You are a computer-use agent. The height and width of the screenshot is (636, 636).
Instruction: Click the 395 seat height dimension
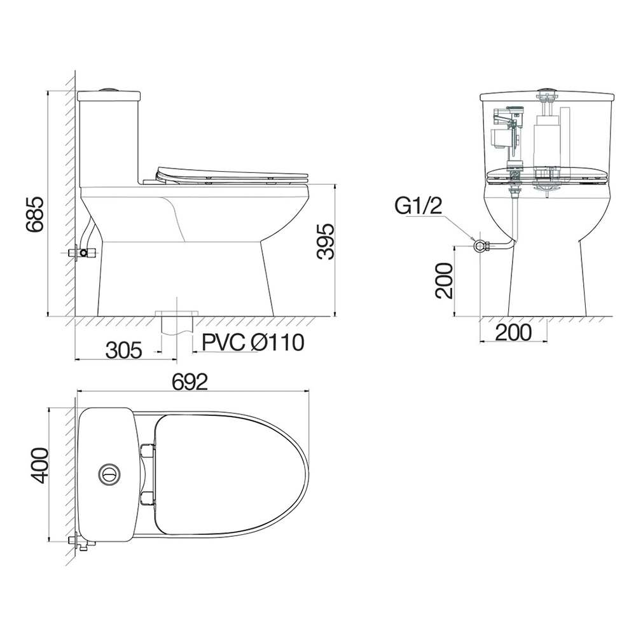point(326,241)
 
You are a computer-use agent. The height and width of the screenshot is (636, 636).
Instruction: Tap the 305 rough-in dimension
point(124,350)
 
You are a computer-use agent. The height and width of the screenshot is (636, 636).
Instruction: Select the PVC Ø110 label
point(253,343)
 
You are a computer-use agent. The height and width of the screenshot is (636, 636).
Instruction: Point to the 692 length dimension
point(190,382)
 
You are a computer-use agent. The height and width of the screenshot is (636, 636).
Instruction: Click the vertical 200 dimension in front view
point(444,280)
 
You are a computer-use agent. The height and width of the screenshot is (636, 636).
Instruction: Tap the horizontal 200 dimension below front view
point(513,333)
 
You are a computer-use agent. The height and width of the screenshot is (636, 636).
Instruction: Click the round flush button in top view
point(109,473)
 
